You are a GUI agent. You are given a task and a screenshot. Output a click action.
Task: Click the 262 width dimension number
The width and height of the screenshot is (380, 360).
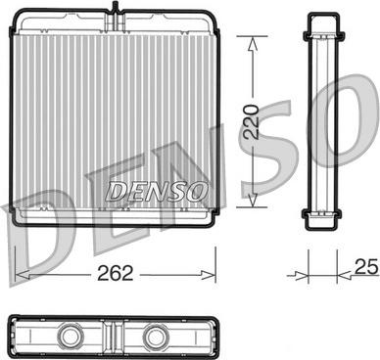(x=116, y=273)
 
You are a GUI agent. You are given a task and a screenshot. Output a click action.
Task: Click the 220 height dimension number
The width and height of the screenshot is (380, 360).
(x=252, y=121)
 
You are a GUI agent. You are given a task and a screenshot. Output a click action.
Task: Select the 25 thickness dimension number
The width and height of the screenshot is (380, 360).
(x=366, y=266)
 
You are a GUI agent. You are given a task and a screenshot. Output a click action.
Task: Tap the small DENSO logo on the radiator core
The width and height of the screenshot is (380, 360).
(x=157, y=191)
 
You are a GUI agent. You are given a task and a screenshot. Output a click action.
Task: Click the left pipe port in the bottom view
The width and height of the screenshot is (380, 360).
(x=71, y=336)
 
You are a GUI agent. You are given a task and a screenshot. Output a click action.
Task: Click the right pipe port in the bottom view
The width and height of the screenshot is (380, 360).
(x=157, y=336)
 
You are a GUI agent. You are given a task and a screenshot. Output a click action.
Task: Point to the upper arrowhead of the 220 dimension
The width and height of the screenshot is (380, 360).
(x=253, y=43)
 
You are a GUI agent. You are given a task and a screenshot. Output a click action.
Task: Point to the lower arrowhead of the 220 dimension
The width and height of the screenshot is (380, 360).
(x=253, y=200)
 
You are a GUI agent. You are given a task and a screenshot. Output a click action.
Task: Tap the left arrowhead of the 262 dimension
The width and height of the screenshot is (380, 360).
(x=23, y=275)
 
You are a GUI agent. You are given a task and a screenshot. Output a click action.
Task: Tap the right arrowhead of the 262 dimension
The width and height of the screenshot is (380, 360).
(x=209, y=275)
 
